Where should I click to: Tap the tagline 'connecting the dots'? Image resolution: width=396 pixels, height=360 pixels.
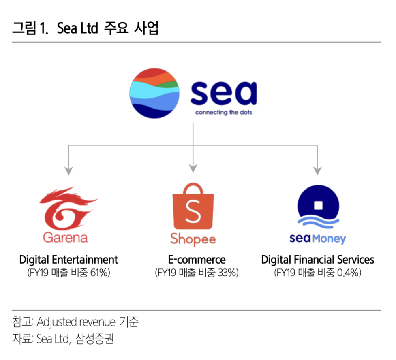click(x=223, y=112)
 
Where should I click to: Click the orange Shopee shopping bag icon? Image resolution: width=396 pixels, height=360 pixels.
click(x=193, y=207)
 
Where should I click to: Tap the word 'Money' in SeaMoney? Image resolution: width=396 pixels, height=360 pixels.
click(x=329, y=239)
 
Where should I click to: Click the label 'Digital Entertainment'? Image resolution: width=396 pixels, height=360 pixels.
click(x=69, y=259)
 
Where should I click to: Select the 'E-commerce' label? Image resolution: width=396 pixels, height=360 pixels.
click(x=197, y=259)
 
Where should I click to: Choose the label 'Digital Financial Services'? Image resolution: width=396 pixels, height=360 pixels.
click(x=318, y=259)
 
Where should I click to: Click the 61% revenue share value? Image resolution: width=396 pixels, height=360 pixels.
click(x=101, y=273)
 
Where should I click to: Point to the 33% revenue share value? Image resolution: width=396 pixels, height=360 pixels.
click(x=228, y=273)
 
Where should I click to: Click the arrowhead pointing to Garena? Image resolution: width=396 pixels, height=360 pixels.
click(x=69, y=169)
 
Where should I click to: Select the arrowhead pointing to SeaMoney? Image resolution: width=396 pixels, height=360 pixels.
click(x=318, y=169)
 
